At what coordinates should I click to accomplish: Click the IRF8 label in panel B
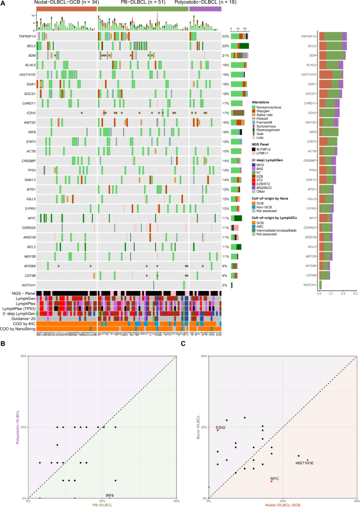tap(110, 496)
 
